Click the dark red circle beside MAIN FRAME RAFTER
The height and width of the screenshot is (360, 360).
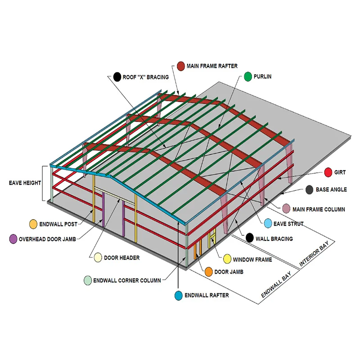point(180,66)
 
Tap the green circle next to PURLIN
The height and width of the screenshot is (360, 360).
point(248,76)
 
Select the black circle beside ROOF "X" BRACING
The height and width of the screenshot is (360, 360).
point(117,77)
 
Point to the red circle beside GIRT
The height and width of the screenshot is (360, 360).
point(328,172)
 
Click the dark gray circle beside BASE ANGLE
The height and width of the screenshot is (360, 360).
point(310,189)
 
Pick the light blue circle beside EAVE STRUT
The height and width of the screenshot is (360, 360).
point(268,223)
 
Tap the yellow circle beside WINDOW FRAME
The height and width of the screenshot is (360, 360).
point(227,259)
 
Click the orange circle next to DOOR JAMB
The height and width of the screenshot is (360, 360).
point(208,271)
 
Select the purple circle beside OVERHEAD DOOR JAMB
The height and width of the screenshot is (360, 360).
point(13,239)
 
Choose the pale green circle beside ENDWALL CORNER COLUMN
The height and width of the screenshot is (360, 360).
point(87,280)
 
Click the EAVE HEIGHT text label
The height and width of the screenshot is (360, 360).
point(25,183)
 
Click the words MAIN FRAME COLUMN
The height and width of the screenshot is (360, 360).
point(319,209)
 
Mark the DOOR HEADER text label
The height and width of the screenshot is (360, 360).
point(121,258)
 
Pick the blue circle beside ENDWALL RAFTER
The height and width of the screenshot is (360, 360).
point(179,295)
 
